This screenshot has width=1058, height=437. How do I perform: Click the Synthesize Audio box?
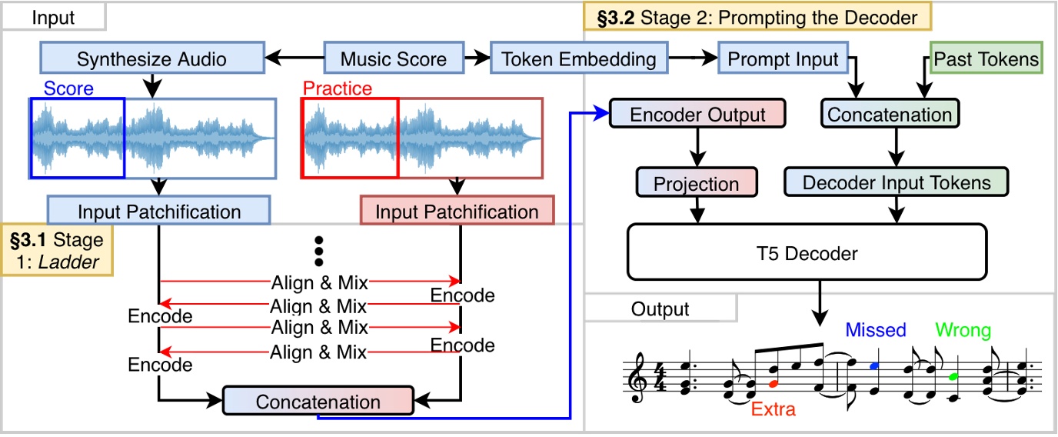click(151, 59)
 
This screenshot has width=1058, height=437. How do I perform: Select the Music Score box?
click(394, 59)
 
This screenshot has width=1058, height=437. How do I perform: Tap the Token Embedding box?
click(579, 59)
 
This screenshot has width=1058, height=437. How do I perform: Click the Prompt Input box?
click(784, 59)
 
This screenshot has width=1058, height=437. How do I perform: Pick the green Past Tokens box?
click(986, 59)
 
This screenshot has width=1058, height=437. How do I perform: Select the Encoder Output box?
click(697, 115)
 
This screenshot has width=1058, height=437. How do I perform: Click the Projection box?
click(697, 183)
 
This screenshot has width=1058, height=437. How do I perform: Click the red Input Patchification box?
click(457, 212)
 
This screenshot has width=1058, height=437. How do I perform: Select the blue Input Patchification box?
click(159, 211)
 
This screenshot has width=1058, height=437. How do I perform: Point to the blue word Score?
click(68, 88)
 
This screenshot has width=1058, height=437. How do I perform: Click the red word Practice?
click(337, 88)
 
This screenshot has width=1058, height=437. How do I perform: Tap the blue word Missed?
click(876, 330)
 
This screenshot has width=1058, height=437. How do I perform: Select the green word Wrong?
click(963, 330)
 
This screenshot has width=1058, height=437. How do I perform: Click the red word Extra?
click(773, 409)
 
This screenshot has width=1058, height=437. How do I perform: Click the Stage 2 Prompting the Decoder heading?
click(757, 16)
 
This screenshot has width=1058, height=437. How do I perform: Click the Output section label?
click(660, 309)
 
